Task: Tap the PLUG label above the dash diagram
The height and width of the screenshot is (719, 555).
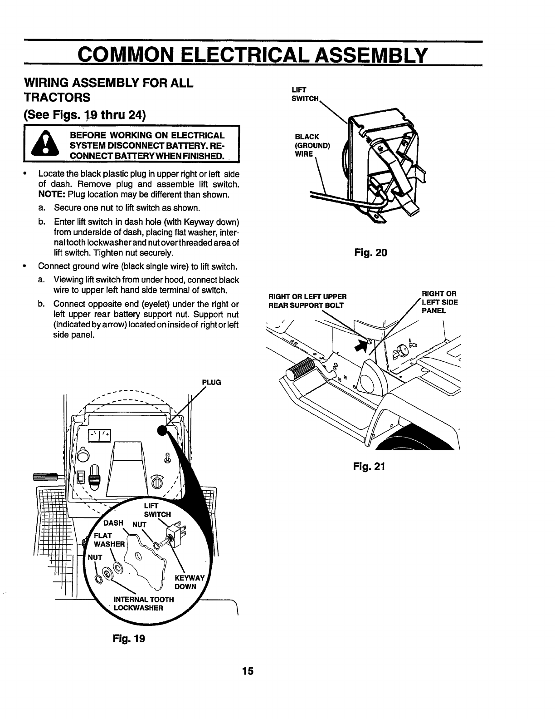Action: click(212, 382)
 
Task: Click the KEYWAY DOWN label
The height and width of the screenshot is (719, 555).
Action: click(185, 582)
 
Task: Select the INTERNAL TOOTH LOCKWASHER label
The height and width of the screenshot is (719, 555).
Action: click(144, 603)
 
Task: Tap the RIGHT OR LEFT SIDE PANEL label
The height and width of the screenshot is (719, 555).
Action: click(439, 302)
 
